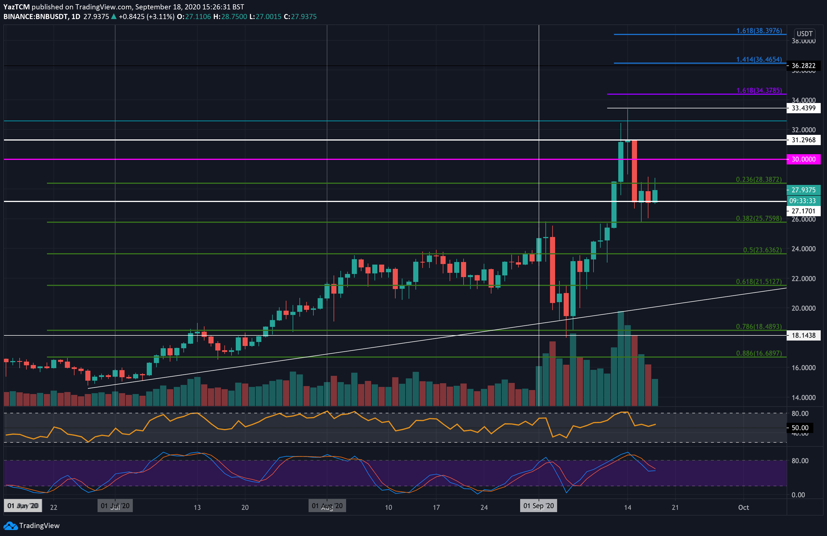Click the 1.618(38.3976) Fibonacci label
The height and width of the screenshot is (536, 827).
759,31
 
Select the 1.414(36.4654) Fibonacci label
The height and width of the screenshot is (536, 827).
759,59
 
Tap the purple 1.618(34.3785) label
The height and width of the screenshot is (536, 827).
759,90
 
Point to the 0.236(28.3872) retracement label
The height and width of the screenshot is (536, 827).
758,179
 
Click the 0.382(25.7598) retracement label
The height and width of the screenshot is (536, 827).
758,218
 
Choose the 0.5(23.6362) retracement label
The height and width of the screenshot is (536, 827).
762,250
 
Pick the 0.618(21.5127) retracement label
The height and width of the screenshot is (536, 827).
758,282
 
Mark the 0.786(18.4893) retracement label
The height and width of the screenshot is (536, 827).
758,326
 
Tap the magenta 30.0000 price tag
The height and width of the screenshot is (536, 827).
803,159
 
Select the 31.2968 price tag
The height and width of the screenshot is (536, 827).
803,140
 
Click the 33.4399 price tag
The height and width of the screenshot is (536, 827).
803,108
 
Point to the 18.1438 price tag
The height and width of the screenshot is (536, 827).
803,335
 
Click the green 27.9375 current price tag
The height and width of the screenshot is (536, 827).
803,190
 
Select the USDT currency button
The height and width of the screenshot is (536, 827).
805,34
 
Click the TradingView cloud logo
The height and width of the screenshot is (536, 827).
11,525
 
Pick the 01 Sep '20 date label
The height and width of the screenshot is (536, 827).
538,506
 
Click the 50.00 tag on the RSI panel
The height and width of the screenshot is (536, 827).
800,428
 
